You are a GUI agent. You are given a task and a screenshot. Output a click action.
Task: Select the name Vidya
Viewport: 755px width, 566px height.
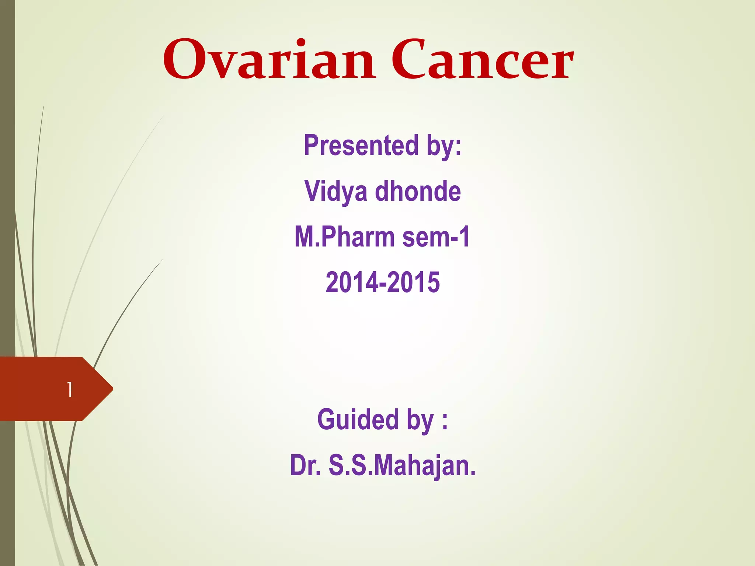click(336, 192)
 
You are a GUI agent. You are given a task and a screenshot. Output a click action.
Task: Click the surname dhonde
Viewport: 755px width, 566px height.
click(418, 192)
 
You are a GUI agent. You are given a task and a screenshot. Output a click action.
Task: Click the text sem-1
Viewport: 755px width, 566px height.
click(436, 237)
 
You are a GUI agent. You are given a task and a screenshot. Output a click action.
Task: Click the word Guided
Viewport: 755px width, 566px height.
click(358, 420)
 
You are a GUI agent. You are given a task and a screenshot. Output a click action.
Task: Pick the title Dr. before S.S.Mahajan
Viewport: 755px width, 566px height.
click(305, 465)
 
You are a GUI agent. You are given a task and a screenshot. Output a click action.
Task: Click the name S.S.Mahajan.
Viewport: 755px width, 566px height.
click(402, 465)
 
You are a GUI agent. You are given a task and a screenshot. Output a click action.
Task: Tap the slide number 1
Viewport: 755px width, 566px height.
click(69, 389)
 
